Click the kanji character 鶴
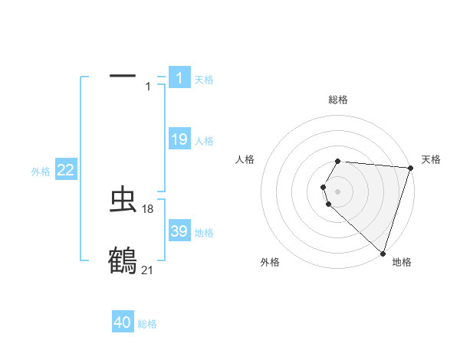click(123, 260)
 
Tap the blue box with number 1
click(179, 77)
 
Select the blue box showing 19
click(179, 139)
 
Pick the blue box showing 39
click(179, 231)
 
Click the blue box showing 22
click(66, 170)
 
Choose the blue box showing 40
click(123, 322)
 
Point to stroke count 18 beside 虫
click(148, 208)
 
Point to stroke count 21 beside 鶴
click(148, 270)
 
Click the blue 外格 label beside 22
click(41, 172)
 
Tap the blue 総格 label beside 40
click(147, 324)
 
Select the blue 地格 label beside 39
click(204, 233)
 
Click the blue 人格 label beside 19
click(204, 141)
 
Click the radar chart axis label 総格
click(337, 100)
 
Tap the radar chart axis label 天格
click(431, 159)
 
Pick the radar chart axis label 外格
click(270, 262)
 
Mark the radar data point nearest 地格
click(383, 253)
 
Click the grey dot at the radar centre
click(337, 191)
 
